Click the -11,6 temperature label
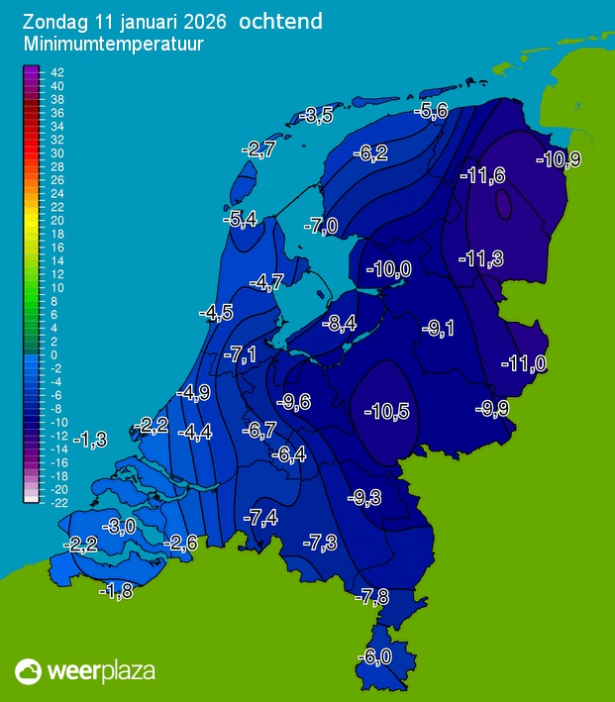coord(483,175)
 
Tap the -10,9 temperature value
coord(558,159)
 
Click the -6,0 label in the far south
coord(374,655)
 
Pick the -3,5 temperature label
coord(317,116)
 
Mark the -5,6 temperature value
coord(433,111)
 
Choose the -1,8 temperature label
coord(116,591)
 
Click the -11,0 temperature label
coord(524,363)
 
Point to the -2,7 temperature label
coord(258,150)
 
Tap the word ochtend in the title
coord(280,21)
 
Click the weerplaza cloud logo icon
coord(28,671)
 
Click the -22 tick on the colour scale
coord(56,503)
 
